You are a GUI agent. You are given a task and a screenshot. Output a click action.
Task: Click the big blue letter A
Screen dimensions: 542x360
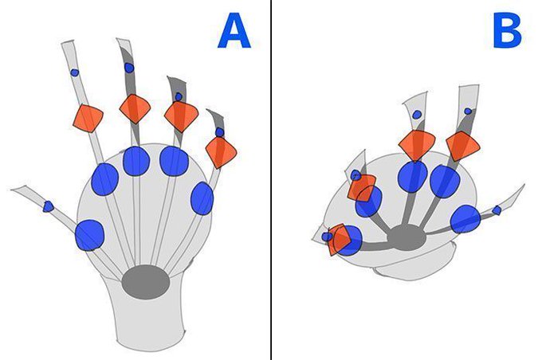coord(234,30)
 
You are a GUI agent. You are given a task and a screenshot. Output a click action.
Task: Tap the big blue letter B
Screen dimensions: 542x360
coord(507,30)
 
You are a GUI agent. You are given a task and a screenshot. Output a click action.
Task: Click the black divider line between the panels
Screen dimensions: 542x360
coord(271,180)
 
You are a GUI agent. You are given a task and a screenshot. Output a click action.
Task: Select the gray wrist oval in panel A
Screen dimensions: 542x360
coord(146,282)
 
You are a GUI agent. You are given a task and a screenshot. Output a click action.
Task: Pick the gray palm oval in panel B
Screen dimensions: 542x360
coord(407,237)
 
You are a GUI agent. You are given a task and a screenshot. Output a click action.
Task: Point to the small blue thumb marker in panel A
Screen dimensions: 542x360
coord(48,206)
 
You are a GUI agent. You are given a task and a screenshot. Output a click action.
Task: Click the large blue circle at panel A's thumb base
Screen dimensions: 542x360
coord(89,235)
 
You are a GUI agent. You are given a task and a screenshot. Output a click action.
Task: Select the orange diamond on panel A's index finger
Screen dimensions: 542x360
coord(88,118)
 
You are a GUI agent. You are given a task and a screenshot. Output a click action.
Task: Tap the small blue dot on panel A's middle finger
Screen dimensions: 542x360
coord(129,68)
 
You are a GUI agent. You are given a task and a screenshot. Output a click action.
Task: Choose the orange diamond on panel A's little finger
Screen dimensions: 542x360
coord(221,152)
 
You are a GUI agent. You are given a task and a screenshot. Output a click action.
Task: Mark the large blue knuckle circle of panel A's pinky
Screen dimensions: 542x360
coord(202,198)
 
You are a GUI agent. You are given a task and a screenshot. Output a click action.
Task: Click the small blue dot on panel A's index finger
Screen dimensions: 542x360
coord(75,72)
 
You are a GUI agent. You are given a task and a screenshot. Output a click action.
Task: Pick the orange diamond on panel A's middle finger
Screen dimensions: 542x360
coord(135,109)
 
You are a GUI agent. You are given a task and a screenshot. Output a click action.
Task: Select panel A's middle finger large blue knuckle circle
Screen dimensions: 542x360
coord(136,161)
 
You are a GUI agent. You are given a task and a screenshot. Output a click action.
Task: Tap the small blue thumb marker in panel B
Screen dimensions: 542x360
coord(497,210)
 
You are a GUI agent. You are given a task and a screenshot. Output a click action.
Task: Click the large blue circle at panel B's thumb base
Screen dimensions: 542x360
coord(465,219)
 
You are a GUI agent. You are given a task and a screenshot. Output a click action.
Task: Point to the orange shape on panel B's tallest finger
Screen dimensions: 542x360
coord(463,146)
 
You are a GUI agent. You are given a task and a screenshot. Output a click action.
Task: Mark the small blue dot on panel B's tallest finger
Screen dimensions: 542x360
coord(468,112)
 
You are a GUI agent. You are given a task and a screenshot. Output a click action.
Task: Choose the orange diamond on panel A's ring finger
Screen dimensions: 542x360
coord(181,116)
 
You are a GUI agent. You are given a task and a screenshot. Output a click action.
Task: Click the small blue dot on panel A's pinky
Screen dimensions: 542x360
coord(219,132)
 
